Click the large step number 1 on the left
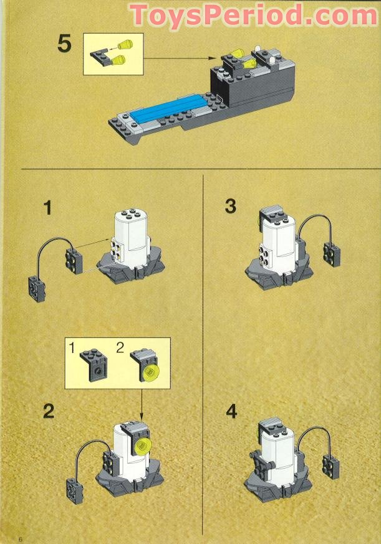[x=46, y=207]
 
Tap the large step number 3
[x=231, y=206]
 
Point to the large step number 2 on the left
[x=48, y=411]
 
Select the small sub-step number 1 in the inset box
[x=72, y=349]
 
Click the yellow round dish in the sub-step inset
[x=149, y=373]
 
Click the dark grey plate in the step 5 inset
[x=100, y=57]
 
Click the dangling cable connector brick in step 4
[x=330, y=464]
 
